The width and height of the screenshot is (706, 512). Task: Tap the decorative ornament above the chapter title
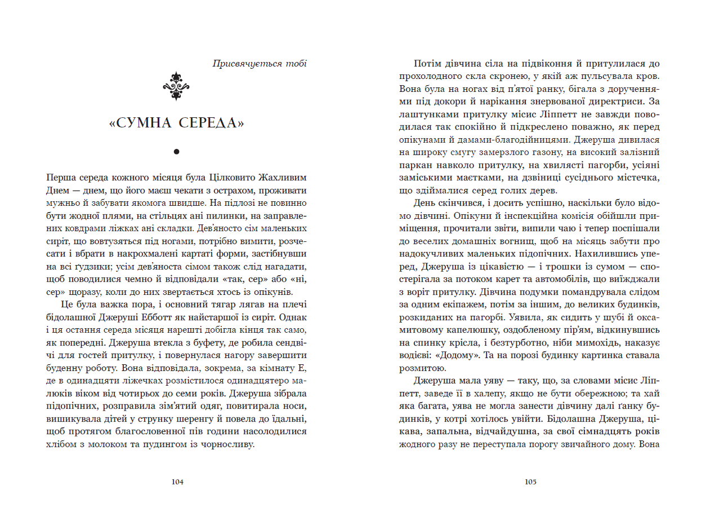click(x=176, y=87)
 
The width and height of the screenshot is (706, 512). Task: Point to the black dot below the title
click(x=176, y=151)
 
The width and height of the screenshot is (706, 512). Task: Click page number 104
click(x=177, y=482)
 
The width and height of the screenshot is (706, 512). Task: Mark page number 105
click(x=530, y=482)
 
